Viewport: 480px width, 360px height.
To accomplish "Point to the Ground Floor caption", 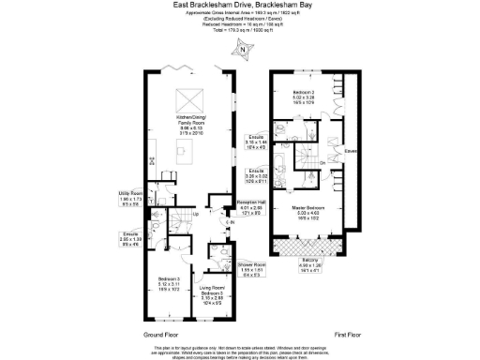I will point(160,334).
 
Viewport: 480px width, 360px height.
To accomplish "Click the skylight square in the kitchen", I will point(188,98).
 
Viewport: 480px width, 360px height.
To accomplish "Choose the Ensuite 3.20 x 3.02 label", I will point(255,173).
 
